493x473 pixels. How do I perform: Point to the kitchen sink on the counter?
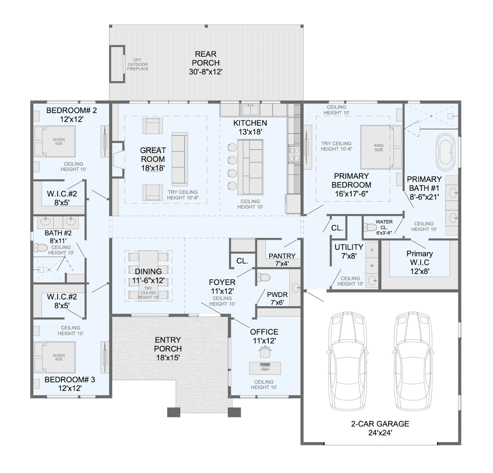tap(250, 109)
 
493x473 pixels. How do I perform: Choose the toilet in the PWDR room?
tap(263, 278)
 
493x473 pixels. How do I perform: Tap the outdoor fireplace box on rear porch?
tap(117, 64)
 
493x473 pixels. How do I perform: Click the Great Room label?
tap(153, 159)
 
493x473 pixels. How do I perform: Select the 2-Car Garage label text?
tap(380, 428)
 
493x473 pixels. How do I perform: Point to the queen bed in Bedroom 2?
tap(55, 142)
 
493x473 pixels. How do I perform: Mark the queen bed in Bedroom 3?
tap(55, 357)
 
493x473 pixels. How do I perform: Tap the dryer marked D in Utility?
tap(372, 250)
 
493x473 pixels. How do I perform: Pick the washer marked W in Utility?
tap(372, 266)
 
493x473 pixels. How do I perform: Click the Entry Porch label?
tap(168, 349)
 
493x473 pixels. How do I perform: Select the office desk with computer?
tap(265, 368)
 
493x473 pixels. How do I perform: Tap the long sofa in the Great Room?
tap(180, 159)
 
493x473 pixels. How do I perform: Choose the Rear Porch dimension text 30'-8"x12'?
tap(206, 72)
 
